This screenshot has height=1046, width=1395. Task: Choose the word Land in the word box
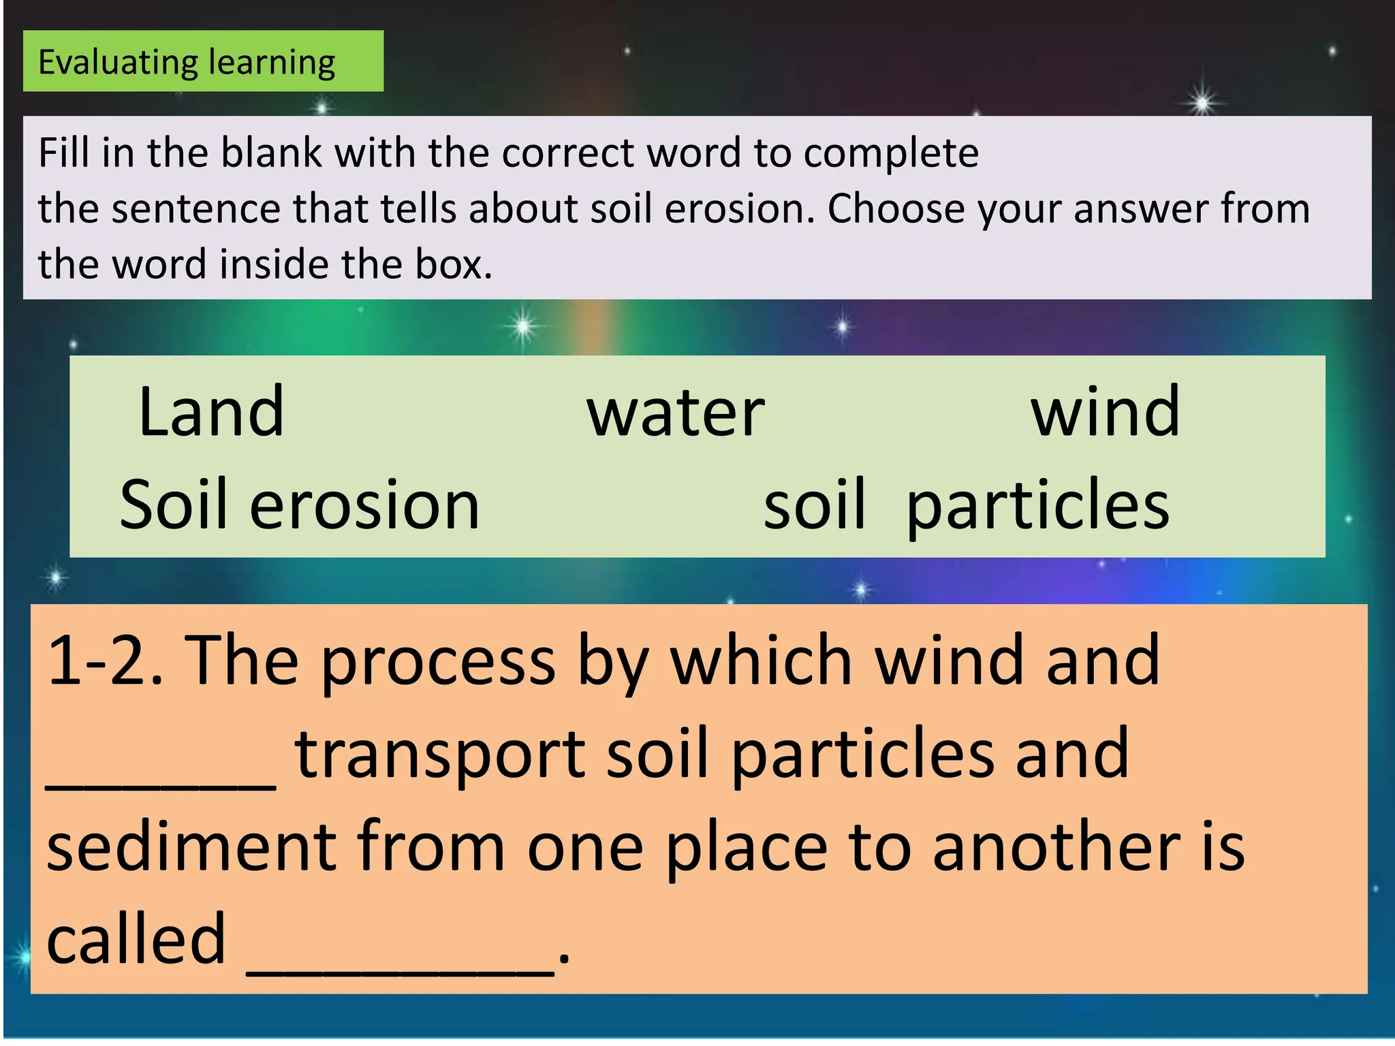(x=211, y=411)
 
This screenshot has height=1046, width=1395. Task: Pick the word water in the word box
(x=676, y=413)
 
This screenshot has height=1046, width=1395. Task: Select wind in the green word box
(x=1105, y=411)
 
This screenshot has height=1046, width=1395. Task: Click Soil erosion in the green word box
(x=300, y=505)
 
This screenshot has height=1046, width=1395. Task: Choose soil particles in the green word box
(x=966, y=505)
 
